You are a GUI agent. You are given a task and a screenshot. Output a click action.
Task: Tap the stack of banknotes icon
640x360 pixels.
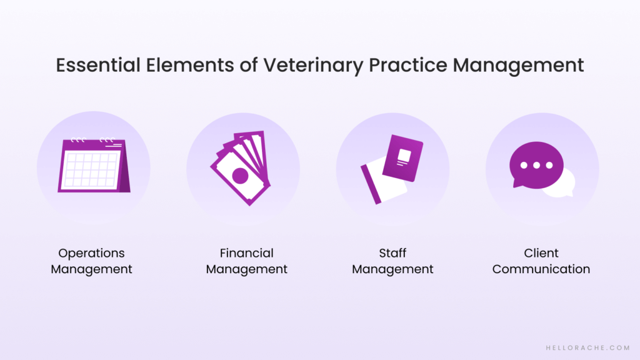click(x=241, y=168)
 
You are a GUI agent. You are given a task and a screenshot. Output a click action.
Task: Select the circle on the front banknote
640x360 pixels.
click(x=239, y=176)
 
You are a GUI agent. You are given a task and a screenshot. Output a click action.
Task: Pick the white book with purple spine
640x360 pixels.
click(x=382, y=182)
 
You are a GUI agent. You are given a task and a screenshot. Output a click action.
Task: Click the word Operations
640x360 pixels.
click(x=91, y=253)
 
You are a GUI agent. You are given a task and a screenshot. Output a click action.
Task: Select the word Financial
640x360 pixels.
click(x=246, y=253)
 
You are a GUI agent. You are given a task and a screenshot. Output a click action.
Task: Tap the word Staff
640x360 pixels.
click(x=392, y=253)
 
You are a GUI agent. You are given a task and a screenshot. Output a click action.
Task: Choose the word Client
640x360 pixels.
click(x=541, y=253)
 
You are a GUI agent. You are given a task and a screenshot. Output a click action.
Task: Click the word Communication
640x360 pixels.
click(x=541, y=269)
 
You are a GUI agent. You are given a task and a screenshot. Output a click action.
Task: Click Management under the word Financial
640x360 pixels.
click(x=246, y=269)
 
